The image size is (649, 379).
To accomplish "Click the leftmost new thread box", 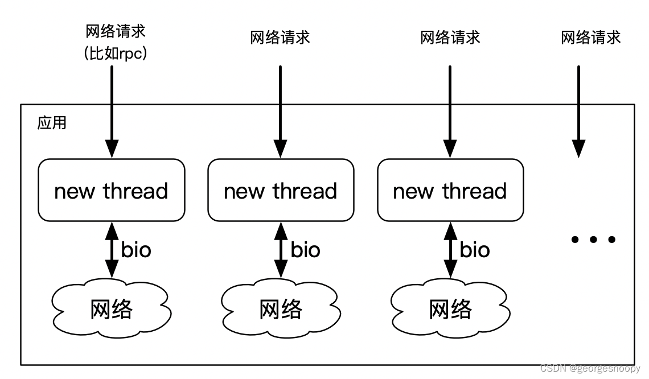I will (x=112, y=190).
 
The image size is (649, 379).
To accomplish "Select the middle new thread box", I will (x=281, y=190).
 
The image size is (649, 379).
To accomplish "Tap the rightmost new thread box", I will (x=450, y=190).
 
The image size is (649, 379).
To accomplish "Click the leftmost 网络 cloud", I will (x=112, y=309).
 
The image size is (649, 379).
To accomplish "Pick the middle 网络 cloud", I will (x=281, y=309).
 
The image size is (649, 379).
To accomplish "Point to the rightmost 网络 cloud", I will (x=450, y=309).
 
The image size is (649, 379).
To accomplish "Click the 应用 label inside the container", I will (x=52, y=123).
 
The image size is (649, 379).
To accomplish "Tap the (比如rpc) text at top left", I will (x=116, y=54).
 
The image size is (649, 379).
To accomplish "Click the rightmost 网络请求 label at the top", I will (x=590, y=38).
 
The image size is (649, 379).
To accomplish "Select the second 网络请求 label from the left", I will (x=281, y=38).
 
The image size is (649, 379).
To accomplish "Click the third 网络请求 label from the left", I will (x=450, y=38).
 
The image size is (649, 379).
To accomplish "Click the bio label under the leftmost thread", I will (x=136, y=250).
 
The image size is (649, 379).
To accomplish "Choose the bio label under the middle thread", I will (x=305, y=250).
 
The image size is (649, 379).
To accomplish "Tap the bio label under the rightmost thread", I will (x=475, y=250).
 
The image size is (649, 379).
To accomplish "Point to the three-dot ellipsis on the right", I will (x=593, y=240).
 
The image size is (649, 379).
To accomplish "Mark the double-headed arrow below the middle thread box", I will (x=281, y=250).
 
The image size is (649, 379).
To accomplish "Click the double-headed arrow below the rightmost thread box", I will (x=450, y=250).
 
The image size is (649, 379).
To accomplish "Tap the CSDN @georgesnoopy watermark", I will (x=590, y=369).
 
